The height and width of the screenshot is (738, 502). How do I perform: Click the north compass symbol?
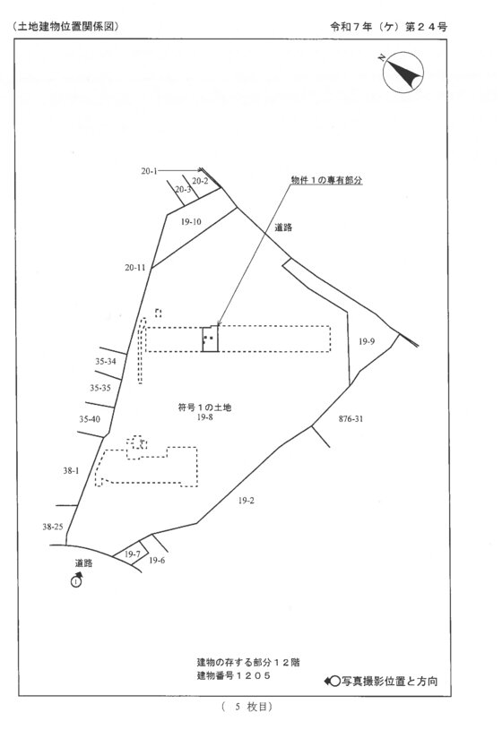tap(402, 72)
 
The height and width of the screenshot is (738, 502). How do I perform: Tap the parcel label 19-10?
tap(191, 222)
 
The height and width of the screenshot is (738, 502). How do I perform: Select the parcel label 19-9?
tap(367, 341)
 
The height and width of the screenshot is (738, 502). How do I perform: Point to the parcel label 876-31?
tap(351, 418)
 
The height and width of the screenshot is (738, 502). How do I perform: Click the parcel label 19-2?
tap(246, 501)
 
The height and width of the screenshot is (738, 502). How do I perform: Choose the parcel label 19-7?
tap(133, 554)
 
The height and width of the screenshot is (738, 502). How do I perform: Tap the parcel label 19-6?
tap(157, 561)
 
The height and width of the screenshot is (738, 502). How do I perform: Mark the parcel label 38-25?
tap(53, 527)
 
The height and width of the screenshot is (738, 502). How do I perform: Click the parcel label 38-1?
tap(71, 470)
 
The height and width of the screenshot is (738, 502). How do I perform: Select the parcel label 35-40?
tap(90, 419)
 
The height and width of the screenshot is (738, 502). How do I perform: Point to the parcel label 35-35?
tap(100, 388)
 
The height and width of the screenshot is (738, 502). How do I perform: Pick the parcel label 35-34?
tap(106, 362)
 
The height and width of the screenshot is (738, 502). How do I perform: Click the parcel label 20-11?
tap(135, 267)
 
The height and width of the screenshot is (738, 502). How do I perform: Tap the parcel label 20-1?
tap(150, 171)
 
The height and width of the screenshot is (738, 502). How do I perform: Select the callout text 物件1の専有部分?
tap(326, 180)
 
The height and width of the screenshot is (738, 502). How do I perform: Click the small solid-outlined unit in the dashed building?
tap(211, 339)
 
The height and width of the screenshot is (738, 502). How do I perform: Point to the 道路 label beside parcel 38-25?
tap(84, 562)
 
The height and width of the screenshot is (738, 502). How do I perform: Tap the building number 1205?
tap(253, 676)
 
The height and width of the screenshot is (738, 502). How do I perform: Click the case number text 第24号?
tap(426, 27)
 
